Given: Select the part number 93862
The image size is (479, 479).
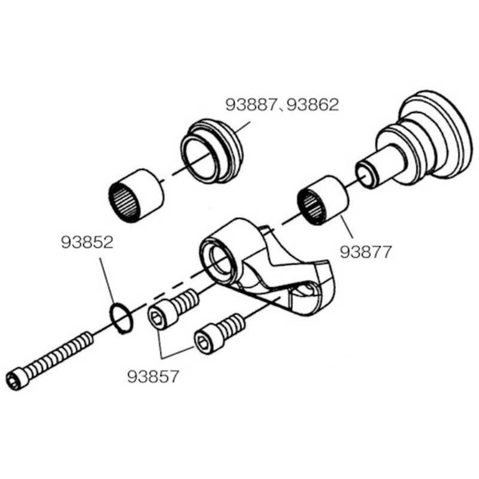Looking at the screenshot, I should [313, 105].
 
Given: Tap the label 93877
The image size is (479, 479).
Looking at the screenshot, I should [365, 252].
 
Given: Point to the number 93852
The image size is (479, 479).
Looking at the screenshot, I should [87, 242].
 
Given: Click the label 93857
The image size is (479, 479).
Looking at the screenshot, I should [153, 377].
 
